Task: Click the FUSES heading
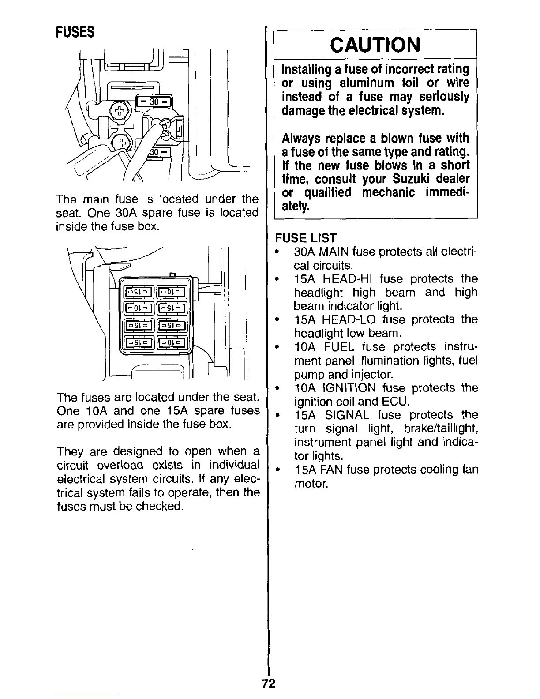[75, 32]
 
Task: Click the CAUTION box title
[375, 44]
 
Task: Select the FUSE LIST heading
[305, 238]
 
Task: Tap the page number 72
[268, 684]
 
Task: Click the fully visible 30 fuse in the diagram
[154, 102]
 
